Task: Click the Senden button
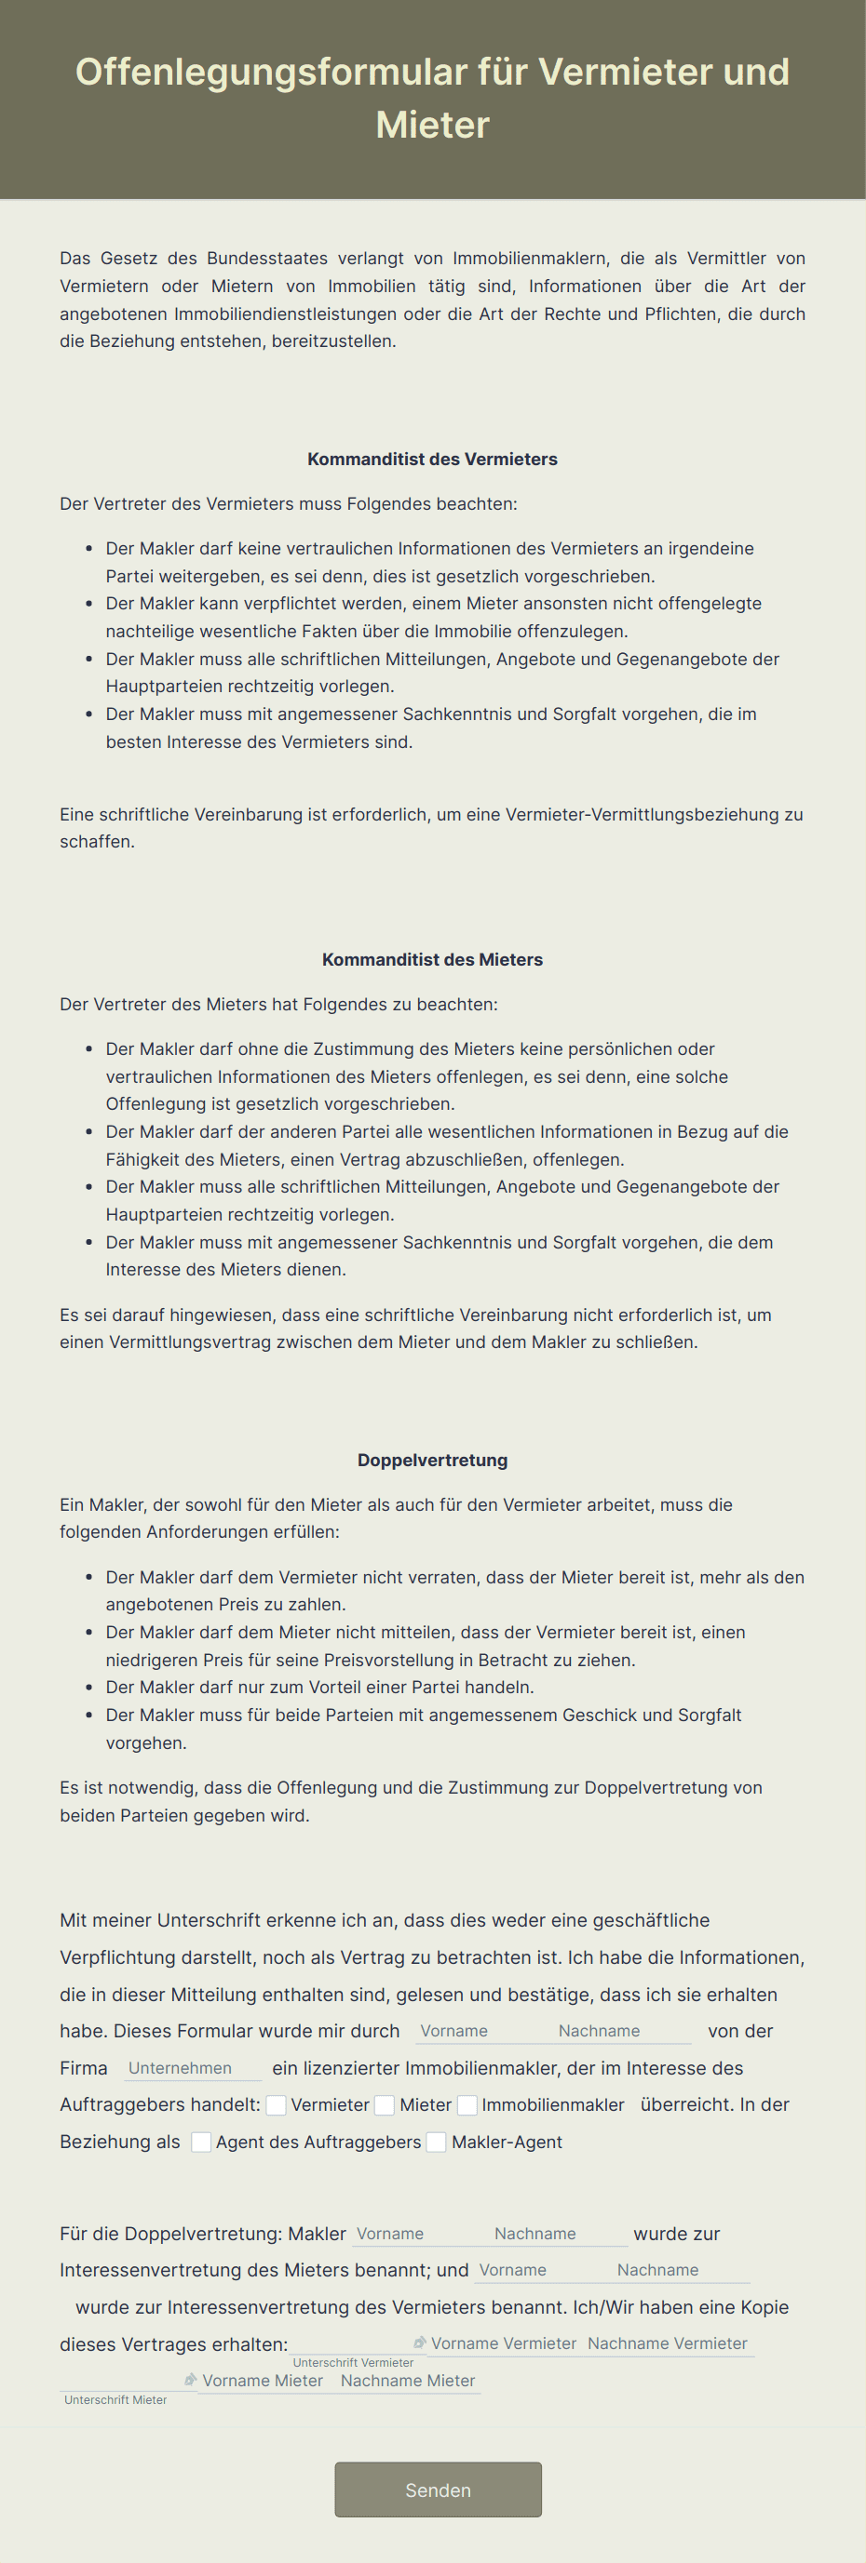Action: [x=438, y=2490]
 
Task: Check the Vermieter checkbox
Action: [x=277, y=2104]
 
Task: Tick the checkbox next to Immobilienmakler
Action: [x=467, y=2104]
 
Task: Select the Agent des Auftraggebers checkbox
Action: [x=201, y=2143]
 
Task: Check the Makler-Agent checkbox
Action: [x=436, y=2143]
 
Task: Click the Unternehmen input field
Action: [x=192, y=2067]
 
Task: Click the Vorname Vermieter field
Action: [x=503, y=2343]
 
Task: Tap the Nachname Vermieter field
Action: [x=668, y=2343]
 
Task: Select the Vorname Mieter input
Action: [x=263, y=2381]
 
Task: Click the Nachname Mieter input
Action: [x=408, y=2381]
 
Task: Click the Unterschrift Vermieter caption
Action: [x=352, y=2362]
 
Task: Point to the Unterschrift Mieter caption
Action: [x=115, y=2400]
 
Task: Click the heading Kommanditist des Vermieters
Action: [x=432, y=459]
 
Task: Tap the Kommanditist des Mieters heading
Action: [x=432, y=959]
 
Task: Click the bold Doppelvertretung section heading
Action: [x=432, y=1460]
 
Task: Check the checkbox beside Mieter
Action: [x=385, y=2104]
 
